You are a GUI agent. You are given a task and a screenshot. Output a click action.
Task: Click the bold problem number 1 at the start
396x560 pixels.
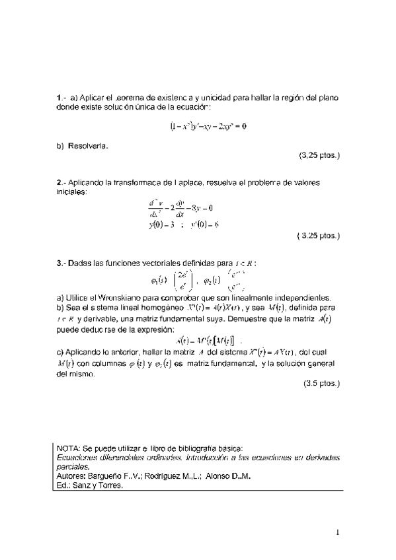pyautogui.click(x=59, y=98)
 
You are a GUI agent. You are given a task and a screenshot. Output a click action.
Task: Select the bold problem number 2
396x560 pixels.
pyautogui.click(x=59, y=183)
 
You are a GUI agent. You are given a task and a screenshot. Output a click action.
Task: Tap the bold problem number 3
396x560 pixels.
pyautogui.click(x=59, y=263)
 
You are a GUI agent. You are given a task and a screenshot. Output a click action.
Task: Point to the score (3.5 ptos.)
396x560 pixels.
pyautogui.click(x=321, y=383)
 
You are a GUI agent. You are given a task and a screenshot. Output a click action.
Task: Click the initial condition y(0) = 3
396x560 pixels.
pyautogui.click(x=161, y=224)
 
